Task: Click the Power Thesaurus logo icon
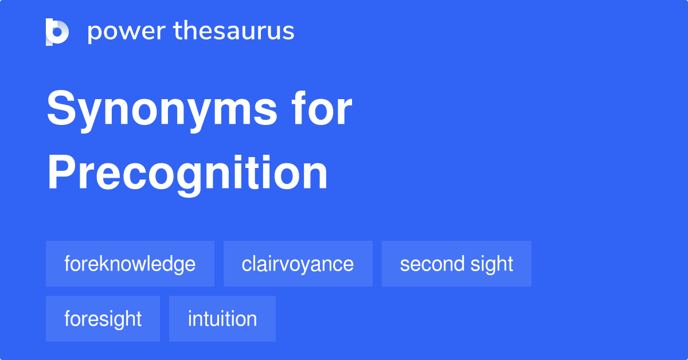[57, 32]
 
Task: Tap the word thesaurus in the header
[234, 32]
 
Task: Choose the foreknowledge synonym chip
[130, 264]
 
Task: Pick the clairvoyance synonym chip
[298, 264]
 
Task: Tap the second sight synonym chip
[456, 264]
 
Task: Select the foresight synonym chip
[103, 319]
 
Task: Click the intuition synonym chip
[222, 319]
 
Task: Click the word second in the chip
[431, 264]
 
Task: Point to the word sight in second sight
[490, 264]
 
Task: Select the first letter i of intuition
[190, 319]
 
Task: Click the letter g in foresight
[121, 320]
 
